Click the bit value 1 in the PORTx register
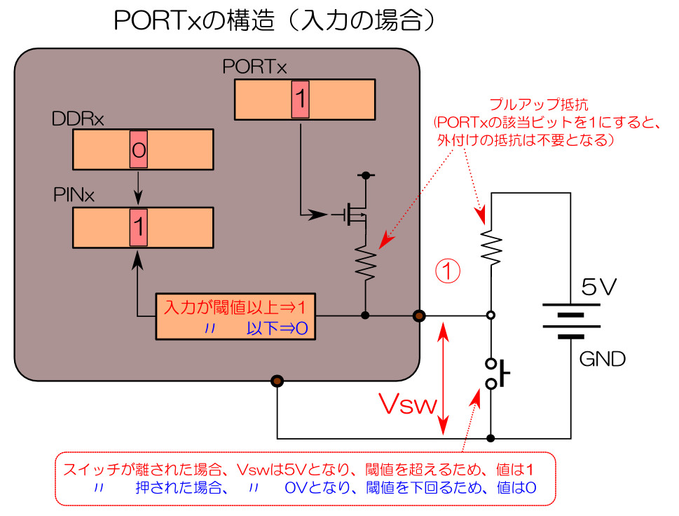[299, 100]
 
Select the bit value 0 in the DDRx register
[138, 149]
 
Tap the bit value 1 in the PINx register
[138, 226]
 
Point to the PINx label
[74, 195]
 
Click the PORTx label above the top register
[254, 67]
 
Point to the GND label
[602, 360]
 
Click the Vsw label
[407, 405]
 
